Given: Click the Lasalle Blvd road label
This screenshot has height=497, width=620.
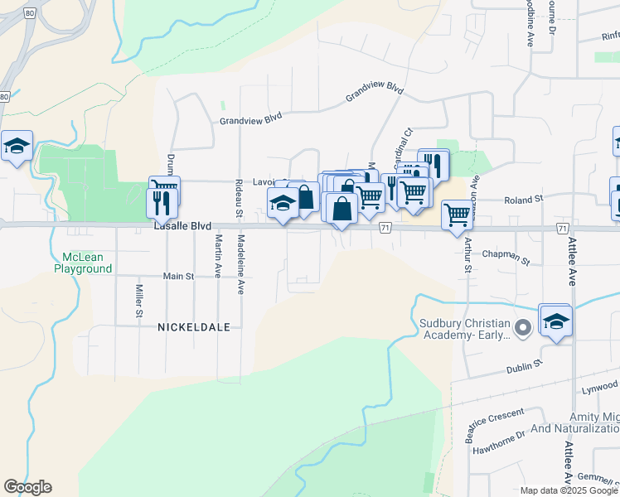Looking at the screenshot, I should (x=182, y=225).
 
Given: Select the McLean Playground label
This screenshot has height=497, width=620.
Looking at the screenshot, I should (x=83, y=263).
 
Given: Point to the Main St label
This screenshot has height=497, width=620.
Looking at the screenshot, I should (x=177, y=276).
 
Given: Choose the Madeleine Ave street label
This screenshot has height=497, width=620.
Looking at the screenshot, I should (x=240, y=264).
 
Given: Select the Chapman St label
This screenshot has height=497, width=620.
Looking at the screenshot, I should (x=506, y=258).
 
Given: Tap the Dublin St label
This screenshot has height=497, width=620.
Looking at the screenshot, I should (x=524, y=364).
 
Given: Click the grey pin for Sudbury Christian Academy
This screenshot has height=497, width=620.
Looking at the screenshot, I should (x=522, y=329).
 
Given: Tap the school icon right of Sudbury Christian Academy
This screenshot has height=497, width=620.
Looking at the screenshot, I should (x=556, y=321).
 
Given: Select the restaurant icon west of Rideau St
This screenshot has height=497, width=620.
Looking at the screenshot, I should (x=159, y=203).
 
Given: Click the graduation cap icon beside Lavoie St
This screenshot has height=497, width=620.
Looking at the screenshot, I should (x=283, y=203).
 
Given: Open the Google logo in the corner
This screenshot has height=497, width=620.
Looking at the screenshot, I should (x=27, y=487).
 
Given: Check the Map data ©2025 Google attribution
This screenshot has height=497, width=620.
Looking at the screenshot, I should (x=568, y=490).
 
